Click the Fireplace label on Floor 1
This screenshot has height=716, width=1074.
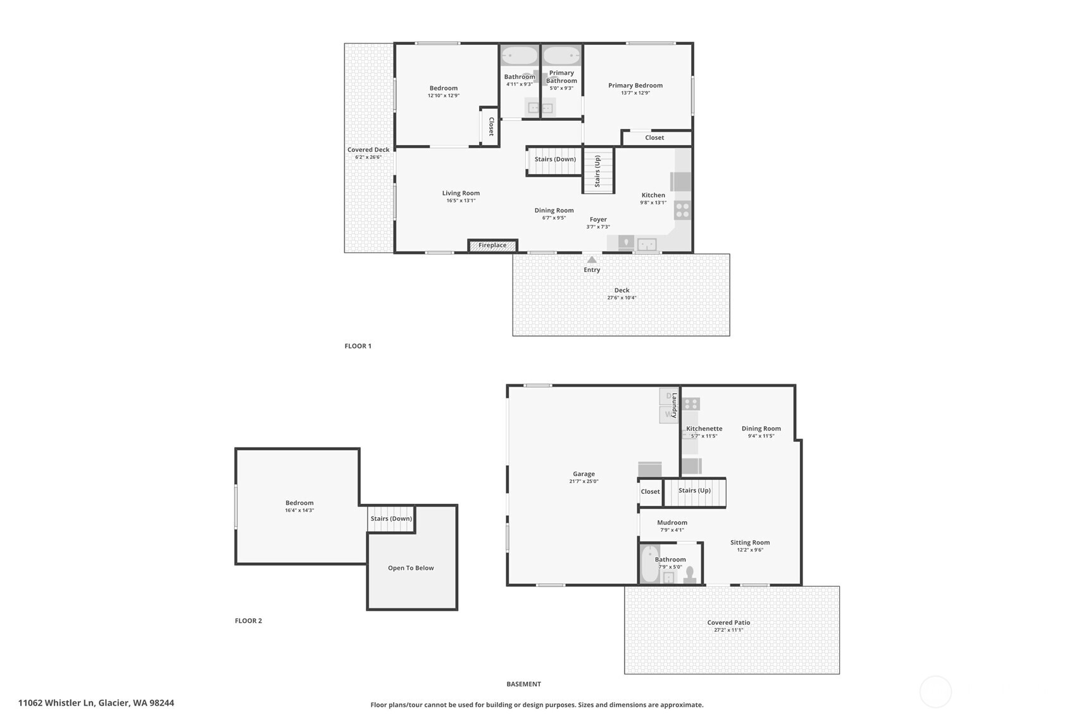[x=492, y=246]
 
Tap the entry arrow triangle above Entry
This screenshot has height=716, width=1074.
[x=592, y=260]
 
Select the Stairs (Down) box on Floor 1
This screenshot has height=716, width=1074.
[x=555, y=160]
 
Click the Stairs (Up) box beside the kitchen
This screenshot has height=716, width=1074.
[x=598, y=171]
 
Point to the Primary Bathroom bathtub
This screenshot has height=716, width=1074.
[x=561, y=56]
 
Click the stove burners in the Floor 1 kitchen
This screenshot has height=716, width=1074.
[x=682, y=210]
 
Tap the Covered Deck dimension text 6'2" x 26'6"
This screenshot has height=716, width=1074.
[x=368, y=157]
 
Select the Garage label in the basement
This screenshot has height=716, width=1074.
[x=584, y=474]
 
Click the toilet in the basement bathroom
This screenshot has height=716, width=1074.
[x=690, y=574]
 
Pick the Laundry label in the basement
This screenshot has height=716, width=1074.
[x=675, y=406]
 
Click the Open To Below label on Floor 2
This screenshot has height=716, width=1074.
[x=411, y=568]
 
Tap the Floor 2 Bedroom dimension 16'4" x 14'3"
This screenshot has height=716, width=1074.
[x=299, y=510]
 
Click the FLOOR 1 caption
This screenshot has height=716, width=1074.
[x=358, y=346]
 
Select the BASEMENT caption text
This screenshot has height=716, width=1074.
[x=523, y=684]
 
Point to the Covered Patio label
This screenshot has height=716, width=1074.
[x=728, y=622]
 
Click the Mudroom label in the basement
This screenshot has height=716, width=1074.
[x=672, y=522]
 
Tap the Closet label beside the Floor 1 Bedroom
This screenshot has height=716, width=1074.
[x=490, y=127]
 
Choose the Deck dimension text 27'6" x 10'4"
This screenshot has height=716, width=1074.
[x=621, y=298]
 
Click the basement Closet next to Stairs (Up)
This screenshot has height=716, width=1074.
[x=650, y=492]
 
